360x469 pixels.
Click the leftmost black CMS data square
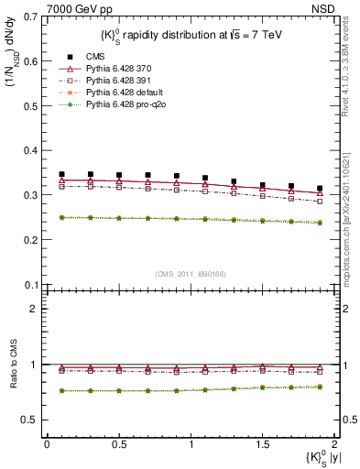coord(61,174)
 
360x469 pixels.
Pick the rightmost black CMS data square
coord(320,188)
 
